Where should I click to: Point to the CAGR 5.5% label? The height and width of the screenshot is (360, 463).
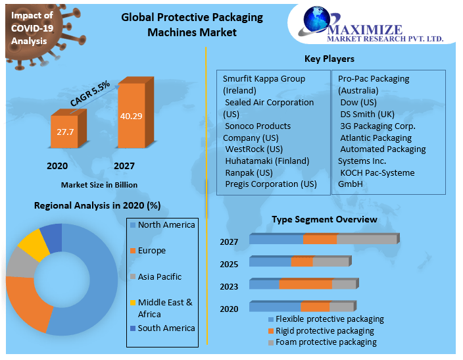pyautogui.click(x=90, y=94)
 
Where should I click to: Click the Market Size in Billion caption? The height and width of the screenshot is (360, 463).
pyautogui.click(x=99, y=185)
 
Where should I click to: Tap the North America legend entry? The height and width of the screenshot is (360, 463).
pyautogui.click(x=166, y=225)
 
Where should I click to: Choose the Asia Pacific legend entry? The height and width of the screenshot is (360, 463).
pyautogui.click(x=159, y=277)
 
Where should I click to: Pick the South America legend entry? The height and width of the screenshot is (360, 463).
pyautogui.click(x=166, y=328)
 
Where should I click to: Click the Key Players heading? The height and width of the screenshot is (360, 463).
pyautogui.click(x=329, y=59)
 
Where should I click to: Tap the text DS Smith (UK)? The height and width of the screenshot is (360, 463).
pyautogui.click(x=367, y=114)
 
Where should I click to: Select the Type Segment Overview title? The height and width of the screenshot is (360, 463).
pyautogui.click(x=324, y=219)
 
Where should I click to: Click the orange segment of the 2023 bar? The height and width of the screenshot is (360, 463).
pyautogui.click(x=305, y=284)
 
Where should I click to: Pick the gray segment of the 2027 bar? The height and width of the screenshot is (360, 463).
pyautogui.click(x=366, y=240)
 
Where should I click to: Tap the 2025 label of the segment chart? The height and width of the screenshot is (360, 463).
pyautogui.click(x=229, y=264)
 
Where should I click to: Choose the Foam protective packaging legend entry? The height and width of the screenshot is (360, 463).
pyautogui.click(x=326, y=342)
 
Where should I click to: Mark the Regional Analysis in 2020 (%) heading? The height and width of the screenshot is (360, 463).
pyautogui.click(x=97, y=206)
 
